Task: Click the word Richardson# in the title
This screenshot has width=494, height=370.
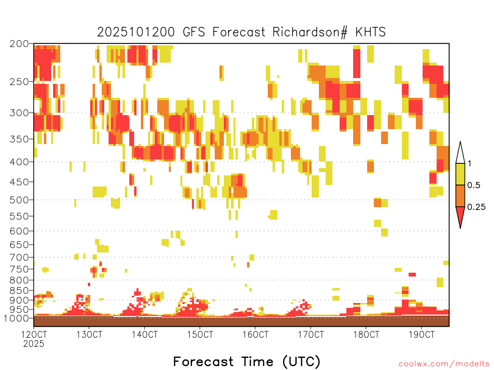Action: click(x=310, y=32)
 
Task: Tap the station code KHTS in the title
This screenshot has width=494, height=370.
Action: click(x=370, y=32)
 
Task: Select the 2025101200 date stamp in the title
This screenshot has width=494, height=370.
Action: click(x=136, y=32)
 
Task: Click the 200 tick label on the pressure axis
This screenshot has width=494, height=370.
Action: click(x=19, y=44)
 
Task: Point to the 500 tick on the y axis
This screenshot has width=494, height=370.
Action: click(x=19, y=200)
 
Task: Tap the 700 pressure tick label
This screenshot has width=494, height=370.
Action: click(x=19, y=258)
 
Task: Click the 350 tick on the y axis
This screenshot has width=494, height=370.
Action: click(x=19, y=139)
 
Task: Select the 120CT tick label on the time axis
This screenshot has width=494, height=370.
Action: click(x=34, y=334)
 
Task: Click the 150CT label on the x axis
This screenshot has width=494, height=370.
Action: click(x=200, y=334)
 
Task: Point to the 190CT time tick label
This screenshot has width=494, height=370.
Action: click(x=422, y=334)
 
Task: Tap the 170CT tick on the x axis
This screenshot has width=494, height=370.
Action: click(x=311, y=334)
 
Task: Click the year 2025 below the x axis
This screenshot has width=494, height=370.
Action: click(x=34, y=344)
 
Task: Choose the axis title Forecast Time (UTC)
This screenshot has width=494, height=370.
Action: click(x=247, y=362)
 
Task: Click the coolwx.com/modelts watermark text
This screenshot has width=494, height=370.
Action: click(x=444, y=364)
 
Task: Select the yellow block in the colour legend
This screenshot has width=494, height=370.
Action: click(x=460, y=174)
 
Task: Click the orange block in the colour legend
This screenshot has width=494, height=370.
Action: click(x=460, y=196)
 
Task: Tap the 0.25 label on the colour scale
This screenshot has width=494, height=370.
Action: click(x=476, y=207)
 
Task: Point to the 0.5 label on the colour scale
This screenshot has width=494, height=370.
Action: click(x=474, y=185)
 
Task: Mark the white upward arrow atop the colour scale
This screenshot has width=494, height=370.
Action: click(x=460, y=153)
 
